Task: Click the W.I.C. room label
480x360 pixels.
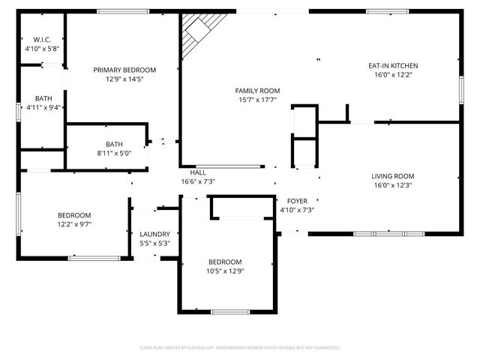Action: coord(40,39)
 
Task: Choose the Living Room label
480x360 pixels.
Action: coord(393,176)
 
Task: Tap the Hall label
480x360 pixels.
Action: coord(198,172)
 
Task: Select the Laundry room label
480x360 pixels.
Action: coord(154,234)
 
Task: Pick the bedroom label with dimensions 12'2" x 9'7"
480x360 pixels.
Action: coord(74,215)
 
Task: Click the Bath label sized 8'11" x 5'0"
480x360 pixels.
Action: coord(114,145)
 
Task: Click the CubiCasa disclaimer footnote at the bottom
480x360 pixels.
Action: coord(240,348)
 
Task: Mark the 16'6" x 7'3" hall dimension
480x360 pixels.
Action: coord(198,181)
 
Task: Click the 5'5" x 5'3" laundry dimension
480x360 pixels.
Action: coord(154,243)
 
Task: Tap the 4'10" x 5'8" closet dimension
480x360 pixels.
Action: coord(40,48)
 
